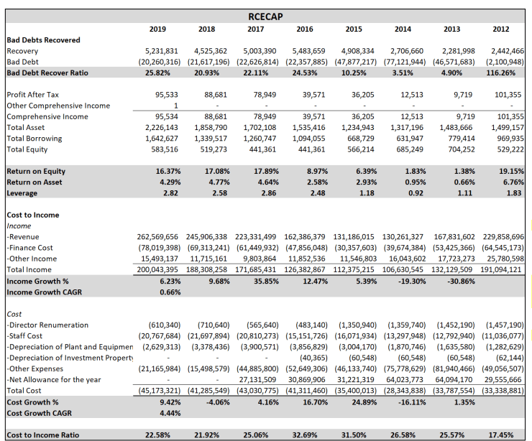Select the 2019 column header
157,28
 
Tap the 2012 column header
500,28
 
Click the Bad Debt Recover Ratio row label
47,73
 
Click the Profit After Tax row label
33,95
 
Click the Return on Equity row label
36,171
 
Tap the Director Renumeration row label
48,325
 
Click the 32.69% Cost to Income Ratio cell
311,435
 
